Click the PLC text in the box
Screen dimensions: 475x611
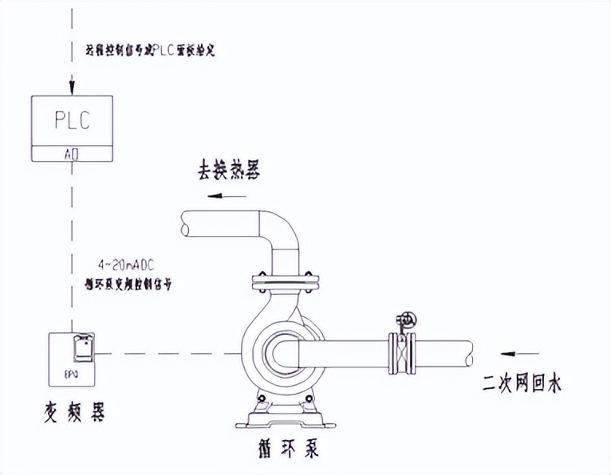coord(71,121)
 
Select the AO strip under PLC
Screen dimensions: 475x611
coord(71,154)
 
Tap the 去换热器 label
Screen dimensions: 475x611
coord(229,171)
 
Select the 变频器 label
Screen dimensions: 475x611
coord(73,413)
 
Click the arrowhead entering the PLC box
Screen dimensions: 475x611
coord(72,88)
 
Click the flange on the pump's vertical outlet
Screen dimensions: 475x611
coord(284,281)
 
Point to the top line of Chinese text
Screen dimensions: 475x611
coord(151,50)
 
